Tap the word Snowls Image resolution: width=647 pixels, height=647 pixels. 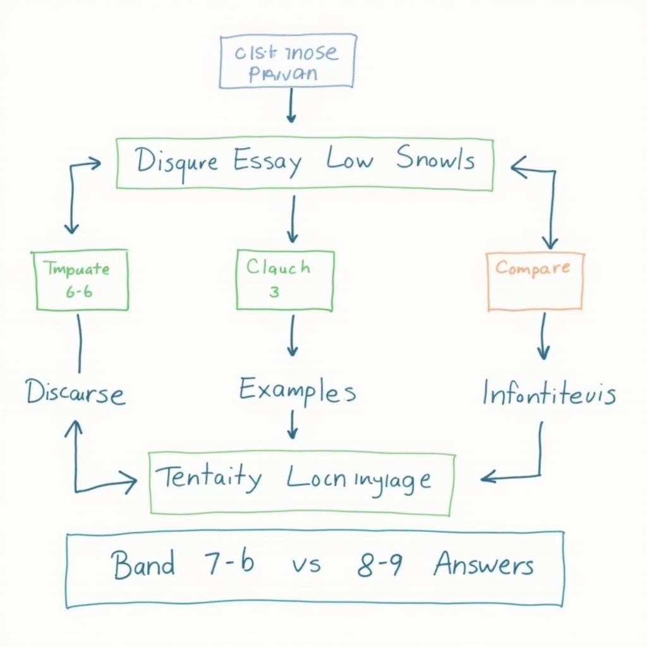436,160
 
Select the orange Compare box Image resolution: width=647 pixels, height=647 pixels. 535,281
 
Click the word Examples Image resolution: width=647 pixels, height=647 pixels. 297,390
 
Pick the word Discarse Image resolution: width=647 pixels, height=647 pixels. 75,393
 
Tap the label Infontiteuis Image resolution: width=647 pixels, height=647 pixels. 548,394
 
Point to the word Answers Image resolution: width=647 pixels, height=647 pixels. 484,564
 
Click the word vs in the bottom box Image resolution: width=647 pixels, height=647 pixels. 306,564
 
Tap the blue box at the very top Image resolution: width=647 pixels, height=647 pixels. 287,61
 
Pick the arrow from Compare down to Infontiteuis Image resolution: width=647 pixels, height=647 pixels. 543,336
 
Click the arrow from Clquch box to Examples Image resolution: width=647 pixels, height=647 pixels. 291,336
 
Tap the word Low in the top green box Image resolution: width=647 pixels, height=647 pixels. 349,160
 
